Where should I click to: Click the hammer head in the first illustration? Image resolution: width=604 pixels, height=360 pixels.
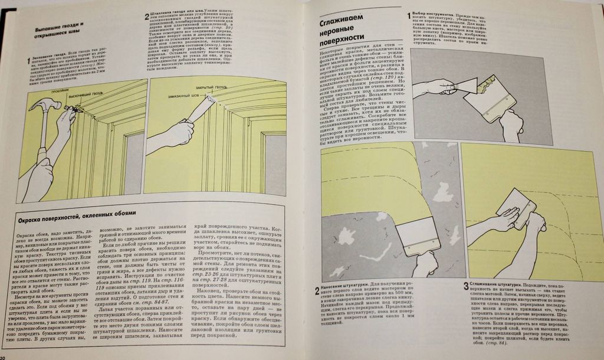pos(45,106)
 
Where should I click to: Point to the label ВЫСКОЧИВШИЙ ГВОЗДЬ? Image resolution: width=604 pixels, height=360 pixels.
pos(88,96)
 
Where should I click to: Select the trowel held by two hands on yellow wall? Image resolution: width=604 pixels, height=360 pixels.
pos(516,207)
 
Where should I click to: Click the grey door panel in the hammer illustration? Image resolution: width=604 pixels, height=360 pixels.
pos(133,165)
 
